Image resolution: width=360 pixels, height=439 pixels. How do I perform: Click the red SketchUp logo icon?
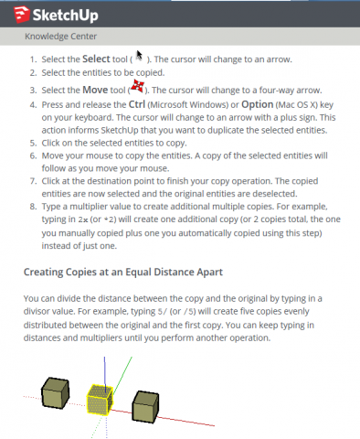click(x=22, y=15)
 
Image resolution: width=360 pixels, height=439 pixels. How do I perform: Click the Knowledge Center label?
click(x=60, y=37)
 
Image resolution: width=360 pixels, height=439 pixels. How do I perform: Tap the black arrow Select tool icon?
click(x=139, y=56)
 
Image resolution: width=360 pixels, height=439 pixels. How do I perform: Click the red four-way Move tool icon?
click(x=137, y=86)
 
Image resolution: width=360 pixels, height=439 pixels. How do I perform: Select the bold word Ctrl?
click(x=137, y=104)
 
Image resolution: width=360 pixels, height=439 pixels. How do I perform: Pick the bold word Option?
click(x=258, y=104)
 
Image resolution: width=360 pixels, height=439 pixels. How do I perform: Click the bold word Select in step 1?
click(x=96, y=59)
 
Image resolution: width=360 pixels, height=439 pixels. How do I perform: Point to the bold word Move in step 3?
click(x=95, y=90)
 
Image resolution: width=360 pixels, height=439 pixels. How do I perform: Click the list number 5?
click(x=33, y=143)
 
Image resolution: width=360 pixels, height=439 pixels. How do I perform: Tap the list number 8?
click(x=33, y=207)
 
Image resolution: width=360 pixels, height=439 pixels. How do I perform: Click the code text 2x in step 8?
click(x=83, y=219)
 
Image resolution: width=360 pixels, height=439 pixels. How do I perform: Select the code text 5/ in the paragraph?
click(x=163, y=312)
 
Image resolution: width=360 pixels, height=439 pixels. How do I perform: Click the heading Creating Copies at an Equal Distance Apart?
click(x=123, y=272)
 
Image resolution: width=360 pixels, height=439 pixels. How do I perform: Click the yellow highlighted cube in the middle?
click(x=100, y=400)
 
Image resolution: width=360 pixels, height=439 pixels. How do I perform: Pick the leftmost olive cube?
click(x=55, y=393)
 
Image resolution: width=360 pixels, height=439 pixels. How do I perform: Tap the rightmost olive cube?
click(x=145, y=407)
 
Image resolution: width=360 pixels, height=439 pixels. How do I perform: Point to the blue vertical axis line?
click(x=105, y=374)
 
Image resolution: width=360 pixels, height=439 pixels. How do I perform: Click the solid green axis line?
click(x=122, y=376)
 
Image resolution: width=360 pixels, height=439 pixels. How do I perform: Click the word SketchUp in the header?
click(x=66, y=16)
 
